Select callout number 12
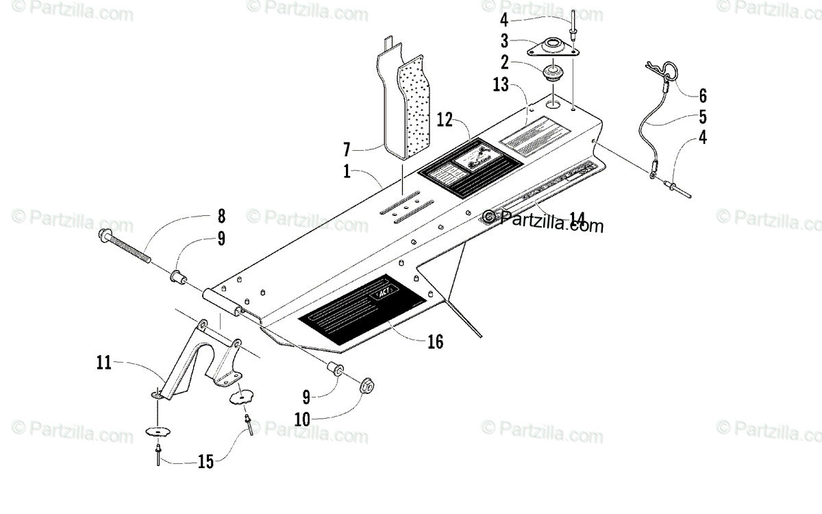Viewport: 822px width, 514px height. pos(445,121)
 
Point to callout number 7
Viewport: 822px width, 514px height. pos(348,148)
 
